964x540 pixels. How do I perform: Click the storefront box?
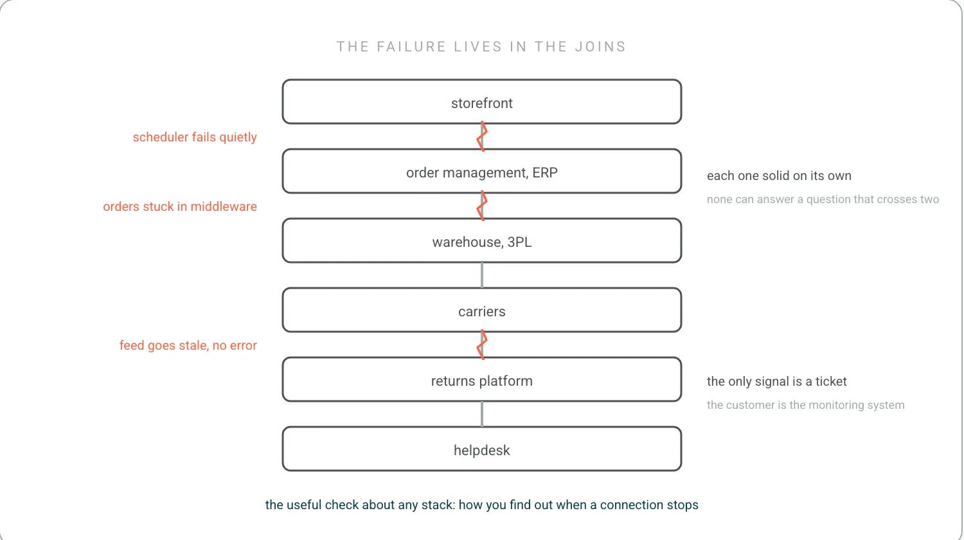[x=481, y=102]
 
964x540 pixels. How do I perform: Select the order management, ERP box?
[x=481, y=171]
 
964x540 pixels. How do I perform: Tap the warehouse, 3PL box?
[x=481, y=240]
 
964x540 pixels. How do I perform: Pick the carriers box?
[x=481, y=310]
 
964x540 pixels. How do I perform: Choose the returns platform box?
[x=481, y=379]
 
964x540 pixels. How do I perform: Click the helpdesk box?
[x=481, y=449]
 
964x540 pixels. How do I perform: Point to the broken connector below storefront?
[x=481, y=136]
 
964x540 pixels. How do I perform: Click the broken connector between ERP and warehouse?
[x=481, y=206]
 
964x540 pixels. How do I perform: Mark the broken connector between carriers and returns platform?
[x=481, y=345]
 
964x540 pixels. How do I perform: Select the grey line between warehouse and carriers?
[x=481, y=275]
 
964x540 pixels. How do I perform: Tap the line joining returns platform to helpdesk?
[x=481, y=414]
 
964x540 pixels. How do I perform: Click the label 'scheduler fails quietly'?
[x=195, y=137]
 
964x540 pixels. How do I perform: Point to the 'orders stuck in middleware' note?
[x=180, y=206]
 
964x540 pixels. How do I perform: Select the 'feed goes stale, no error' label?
[x=188, y=345]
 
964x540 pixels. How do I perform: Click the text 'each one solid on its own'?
[x=779, y=175]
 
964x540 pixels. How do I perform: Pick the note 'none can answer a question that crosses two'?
[x=823, y=199]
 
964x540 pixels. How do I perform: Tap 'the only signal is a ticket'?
[x=777, y=381]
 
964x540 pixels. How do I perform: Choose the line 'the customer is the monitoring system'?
[x=806, y=405]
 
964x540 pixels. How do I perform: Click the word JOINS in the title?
[x=600, y=46]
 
